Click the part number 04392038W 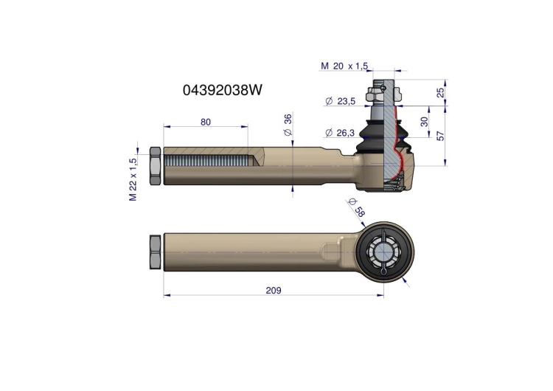pos(222,90)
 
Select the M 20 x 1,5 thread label pos(344,66)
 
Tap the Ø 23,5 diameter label pos(340,101)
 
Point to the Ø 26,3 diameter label pos(340,133)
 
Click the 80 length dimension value pos(206,122)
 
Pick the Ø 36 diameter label pos(288,125)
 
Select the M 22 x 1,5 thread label pos(133,179)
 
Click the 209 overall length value pos(274,291)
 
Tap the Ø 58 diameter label pos(357,207)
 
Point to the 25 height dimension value pos(440,92)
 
